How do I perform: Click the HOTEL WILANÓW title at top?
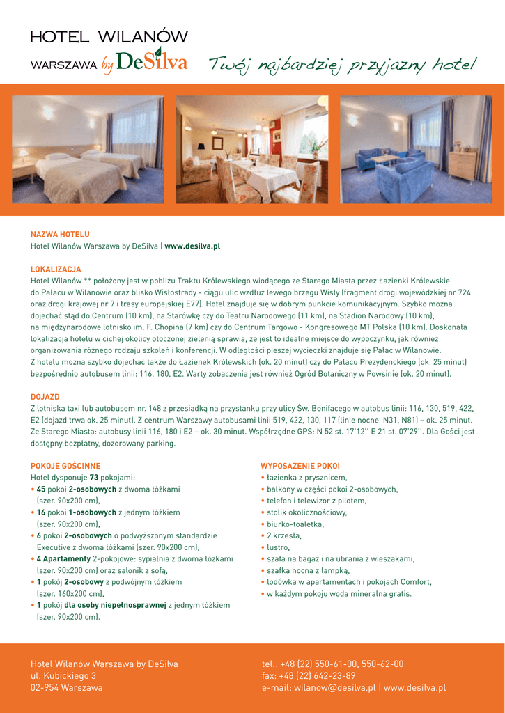pos(109,37)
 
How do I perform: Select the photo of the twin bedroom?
pos(88,150)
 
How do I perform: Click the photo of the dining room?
pos(252,150)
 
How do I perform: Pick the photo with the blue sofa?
pos(416,150)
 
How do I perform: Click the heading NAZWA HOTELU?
pos(60,235)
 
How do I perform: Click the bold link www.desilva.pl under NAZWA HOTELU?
pos(192,246)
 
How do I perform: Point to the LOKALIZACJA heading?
pos(56,269)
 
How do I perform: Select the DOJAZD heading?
pos(45,397)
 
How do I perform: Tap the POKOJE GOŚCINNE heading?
pos(65,466)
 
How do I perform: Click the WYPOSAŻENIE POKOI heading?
pos(300,466)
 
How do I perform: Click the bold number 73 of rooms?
pos(93,478)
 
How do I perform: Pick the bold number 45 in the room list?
pos(40,489)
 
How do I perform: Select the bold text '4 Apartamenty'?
pos(63,559)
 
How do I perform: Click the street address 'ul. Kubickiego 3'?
pos(63,676)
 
